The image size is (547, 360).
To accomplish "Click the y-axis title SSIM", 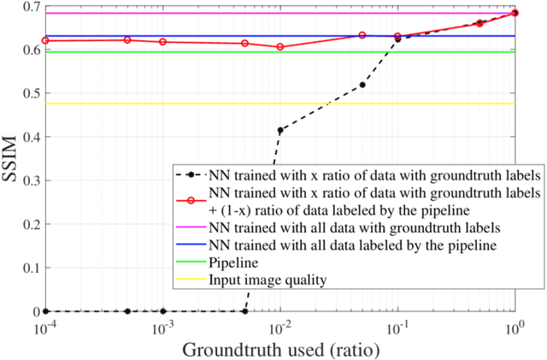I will point(12,159).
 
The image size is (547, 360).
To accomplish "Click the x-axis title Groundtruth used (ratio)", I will point(279,349).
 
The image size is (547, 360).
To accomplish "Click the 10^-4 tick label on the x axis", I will point(45,327).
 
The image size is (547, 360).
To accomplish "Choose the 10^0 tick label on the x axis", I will point(515,327).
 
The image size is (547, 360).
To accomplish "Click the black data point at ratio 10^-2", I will point(279,130).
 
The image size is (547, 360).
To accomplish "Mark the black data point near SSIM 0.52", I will point(362,85).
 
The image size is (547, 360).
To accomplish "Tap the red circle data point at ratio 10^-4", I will point(45,40).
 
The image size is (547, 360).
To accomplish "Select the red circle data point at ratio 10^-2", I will point(279,46).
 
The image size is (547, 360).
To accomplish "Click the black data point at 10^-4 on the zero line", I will point(45,311).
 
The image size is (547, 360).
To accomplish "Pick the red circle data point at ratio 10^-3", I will point(162,42).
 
